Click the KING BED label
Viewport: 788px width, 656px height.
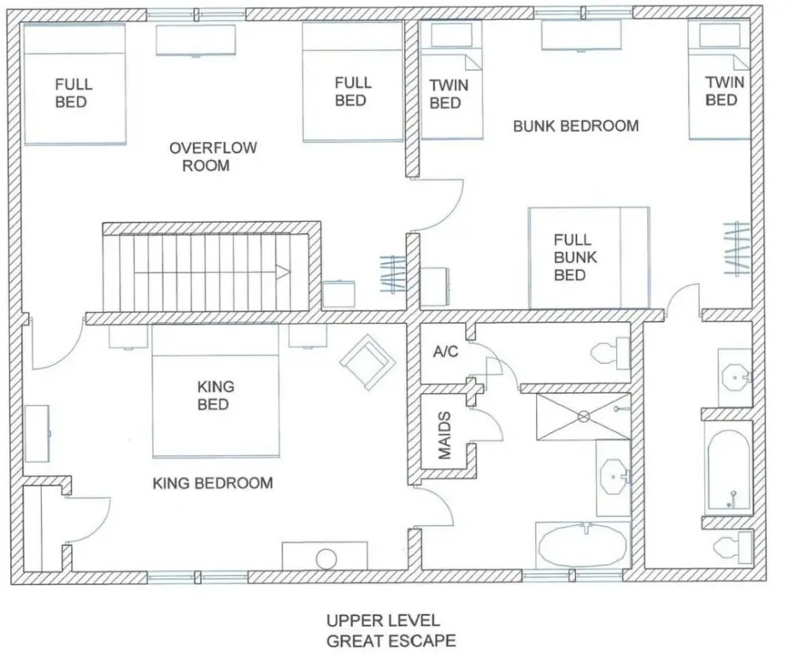215,395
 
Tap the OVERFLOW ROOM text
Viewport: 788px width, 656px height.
213,156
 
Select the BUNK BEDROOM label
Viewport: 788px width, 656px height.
576,126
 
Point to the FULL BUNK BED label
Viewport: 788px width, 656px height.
575,257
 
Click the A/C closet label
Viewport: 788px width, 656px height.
446,352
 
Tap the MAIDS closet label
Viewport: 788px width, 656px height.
444,436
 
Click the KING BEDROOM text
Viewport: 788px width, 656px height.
213,483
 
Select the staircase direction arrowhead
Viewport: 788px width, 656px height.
283,272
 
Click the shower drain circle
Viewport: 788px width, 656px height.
584,416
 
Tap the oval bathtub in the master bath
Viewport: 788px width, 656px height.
583,548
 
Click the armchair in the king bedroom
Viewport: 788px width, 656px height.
368,361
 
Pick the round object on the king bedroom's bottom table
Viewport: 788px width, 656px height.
326,559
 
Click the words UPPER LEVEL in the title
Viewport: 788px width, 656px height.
383,620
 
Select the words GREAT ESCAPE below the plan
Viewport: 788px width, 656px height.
391,641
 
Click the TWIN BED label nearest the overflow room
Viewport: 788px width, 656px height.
449,94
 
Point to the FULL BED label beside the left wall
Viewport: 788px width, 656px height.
74,93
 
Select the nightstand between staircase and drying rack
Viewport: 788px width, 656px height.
339,294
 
